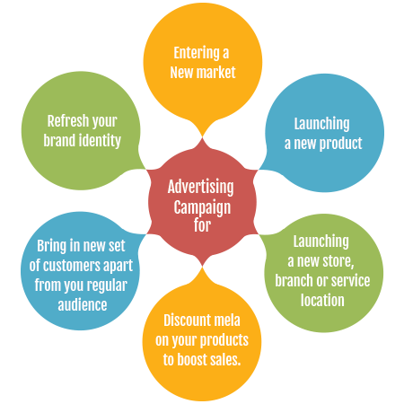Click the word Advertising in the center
[x=201, y=188]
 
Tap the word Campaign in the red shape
[x=202, y=207]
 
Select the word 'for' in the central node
[x=202, y=225]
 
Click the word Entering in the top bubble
[x=197, y=53]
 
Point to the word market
[x=215, y=73]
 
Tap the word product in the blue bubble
[x=341, y=144]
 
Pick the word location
[x=322, y=300]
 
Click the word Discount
[x=184, y=321]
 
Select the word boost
[x=191, y=359]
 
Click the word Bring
[x=51, y=246]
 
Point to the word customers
[x=71, y=266]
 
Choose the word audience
[x=83, y=305]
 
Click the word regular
[x=107, y=285]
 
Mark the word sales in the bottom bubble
[x=224, y=359]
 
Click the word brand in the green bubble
[x=59, y=140]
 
